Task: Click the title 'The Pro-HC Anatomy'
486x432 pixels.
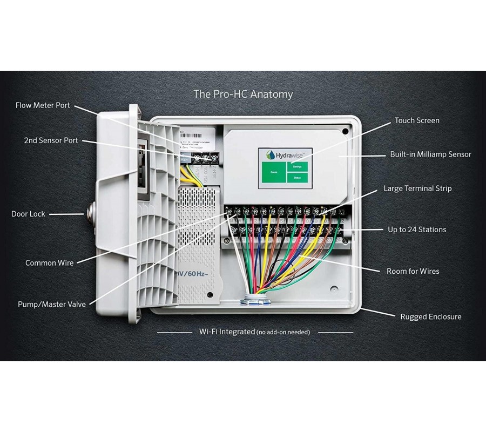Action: pos(243,94)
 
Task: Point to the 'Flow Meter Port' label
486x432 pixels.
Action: pos(43,105)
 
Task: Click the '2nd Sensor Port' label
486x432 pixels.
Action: pos(51,140)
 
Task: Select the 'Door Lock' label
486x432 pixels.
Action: pos(28,214)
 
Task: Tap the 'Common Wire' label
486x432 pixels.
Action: pos(49,263)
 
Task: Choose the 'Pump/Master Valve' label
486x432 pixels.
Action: pos(51,305)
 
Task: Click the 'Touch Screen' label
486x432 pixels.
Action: pos(417,120)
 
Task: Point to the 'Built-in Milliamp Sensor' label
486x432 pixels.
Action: pos(430,154)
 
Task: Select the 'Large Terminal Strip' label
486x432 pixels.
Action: pos(417,188)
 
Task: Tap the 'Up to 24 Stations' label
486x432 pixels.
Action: pos(417,230)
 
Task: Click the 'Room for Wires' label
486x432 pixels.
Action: pos(413,271)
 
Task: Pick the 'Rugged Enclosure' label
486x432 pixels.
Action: pos(430,317)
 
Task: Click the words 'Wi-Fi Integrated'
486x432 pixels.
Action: pos(227,332)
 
